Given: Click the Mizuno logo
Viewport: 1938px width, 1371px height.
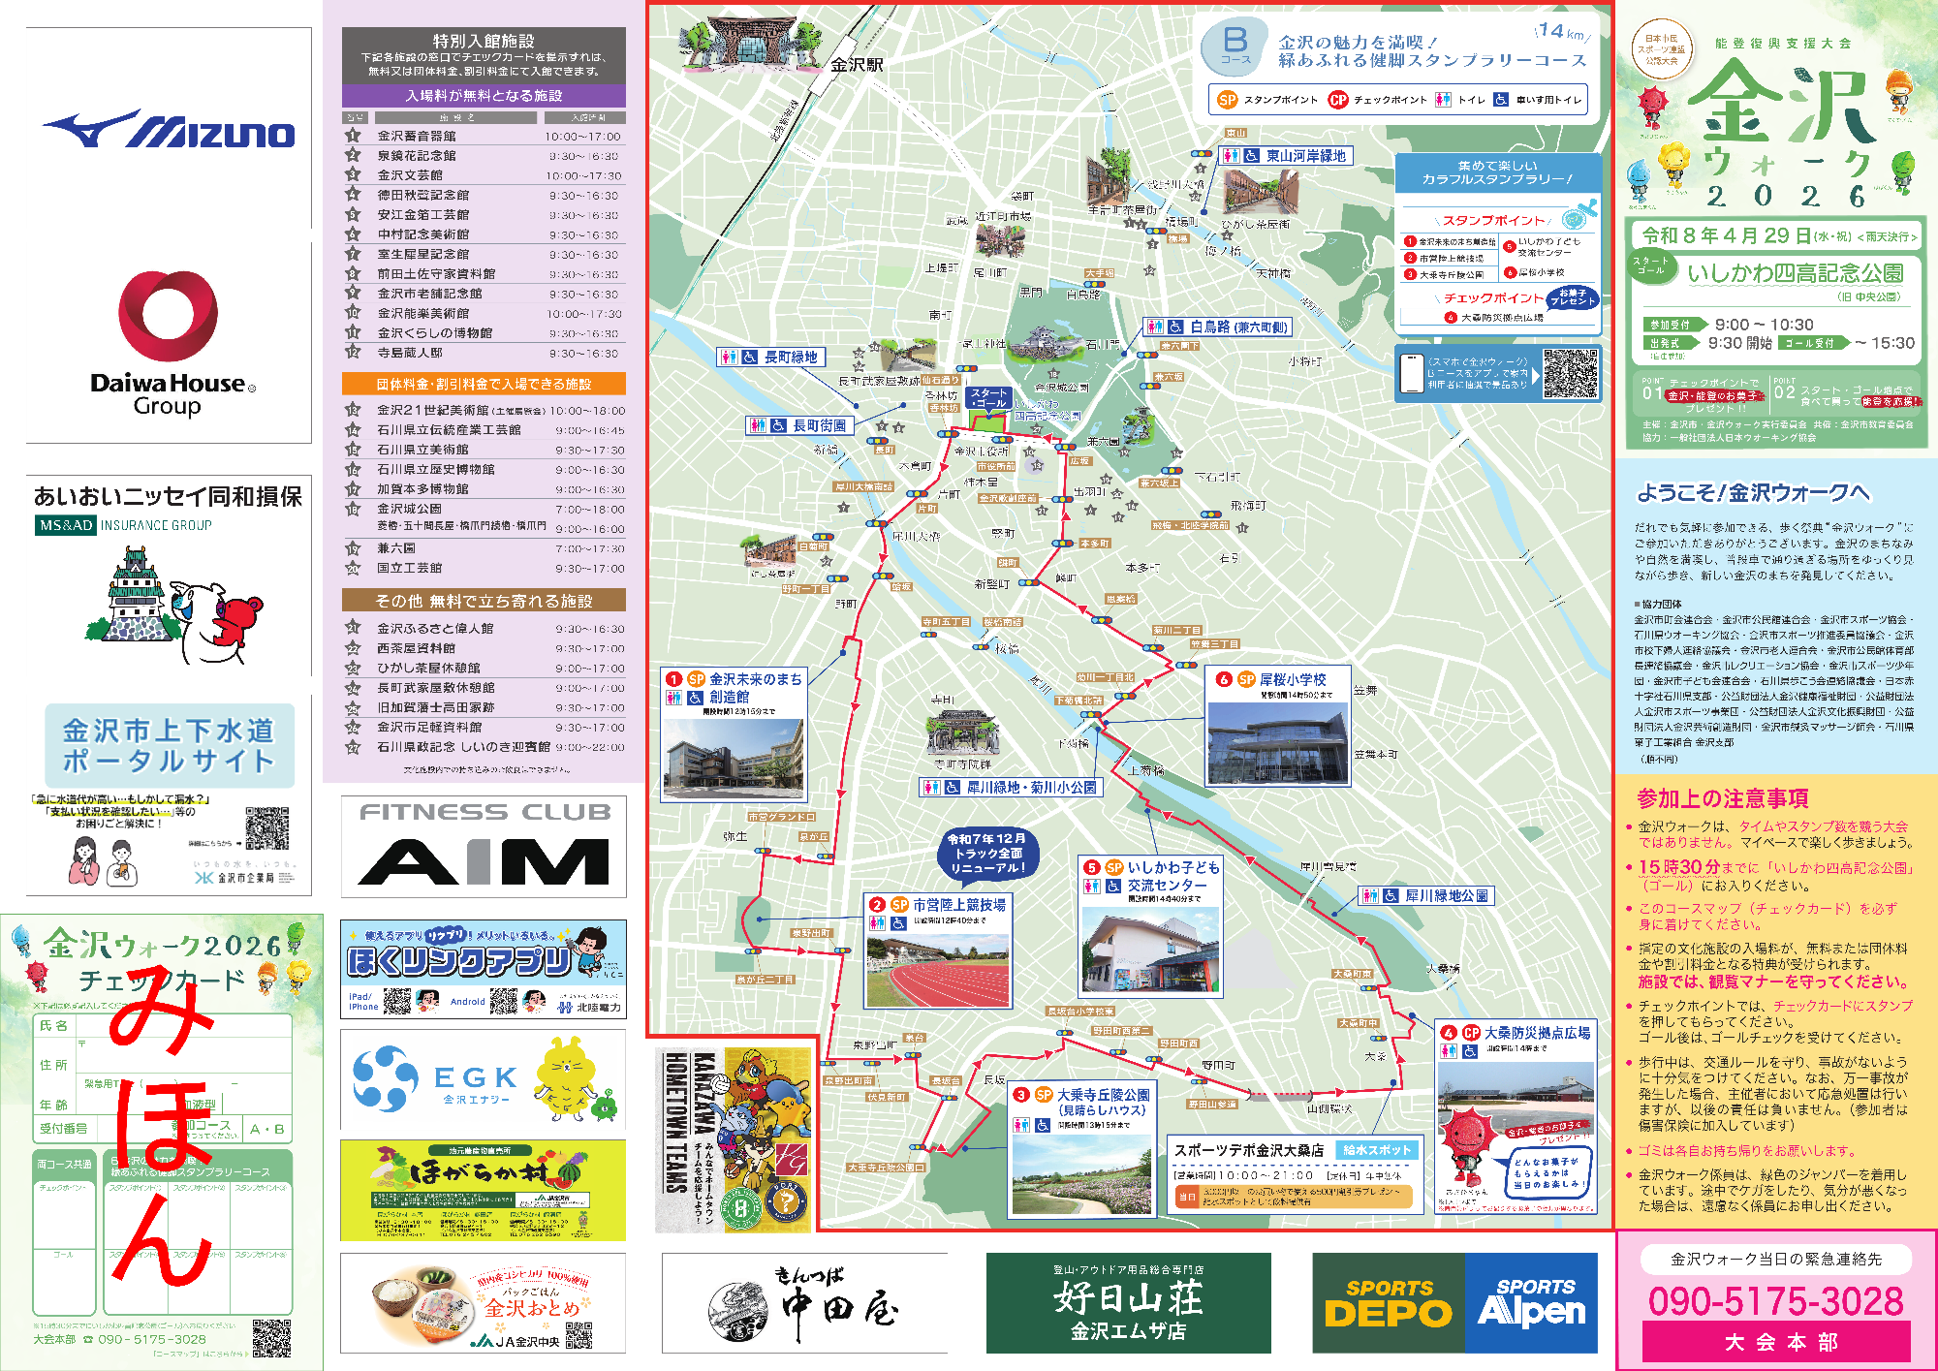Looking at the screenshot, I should click(169, 130).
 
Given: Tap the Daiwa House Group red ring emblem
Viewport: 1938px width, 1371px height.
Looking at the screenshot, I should click(168, 316).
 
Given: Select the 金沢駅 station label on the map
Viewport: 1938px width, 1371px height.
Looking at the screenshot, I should click(857, 65).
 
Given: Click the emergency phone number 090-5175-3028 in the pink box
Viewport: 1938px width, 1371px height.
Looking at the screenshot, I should click(1775, 1301).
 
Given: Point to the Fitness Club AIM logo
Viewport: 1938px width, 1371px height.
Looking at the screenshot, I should click(484, 846).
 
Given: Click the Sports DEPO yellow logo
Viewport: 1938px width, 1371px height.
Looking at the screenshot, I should click(1388, 1304).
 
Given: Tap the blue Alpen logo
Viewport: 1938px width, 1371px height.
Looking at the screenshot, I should click(1531, 1304).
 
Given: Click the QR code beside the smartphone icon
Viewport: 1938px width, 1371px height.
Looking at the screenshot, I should click(1570, 374).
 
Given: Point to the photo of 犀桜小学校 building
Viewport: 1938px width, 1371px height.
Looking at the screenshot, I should click(1277, 742).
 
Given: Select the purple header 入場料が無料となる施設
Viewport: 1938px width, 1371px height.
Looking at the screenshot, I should click(484, 96).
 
